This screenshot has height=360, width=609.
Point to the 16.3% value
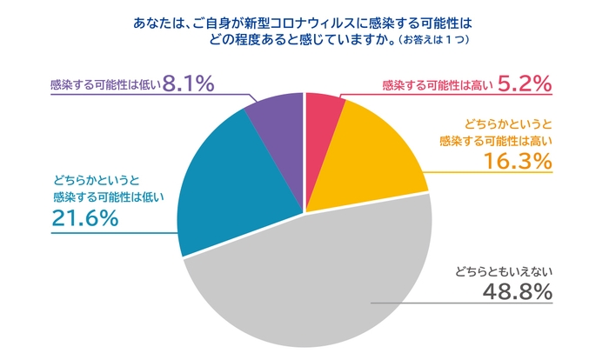[x=520, y=161]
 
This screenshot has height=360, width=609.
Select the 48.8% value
[x=518, y=293]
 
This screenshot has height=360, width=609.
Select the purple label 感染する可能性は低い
[x=106, y=85]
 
